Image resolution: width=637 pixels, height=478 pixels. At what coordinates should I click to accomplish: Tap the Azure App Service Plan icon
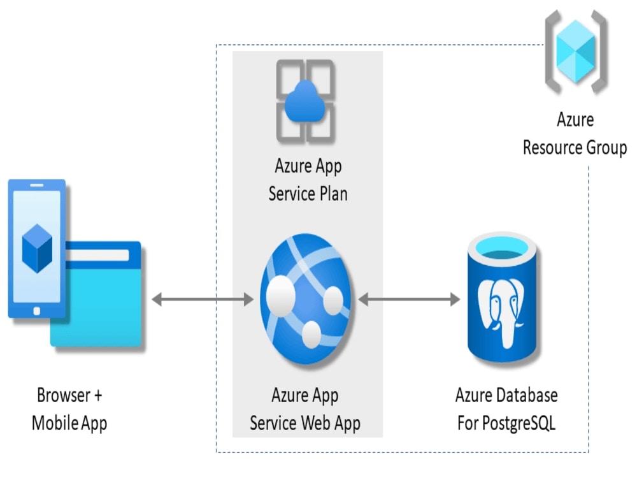(x=305, y=101)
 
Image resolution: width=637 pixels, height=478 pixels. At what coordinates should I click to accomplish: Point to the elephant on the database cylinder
(x=506, y=312)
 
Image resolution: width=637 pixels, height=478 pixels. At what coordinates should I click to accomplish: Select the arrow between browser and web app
(x=203, y=298)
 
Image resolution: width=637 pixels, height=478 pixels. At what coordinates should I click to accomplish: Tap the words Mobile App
(x=69, y=423)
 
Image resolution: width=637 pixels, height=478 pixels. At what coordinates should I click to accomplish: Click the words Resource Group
(x=575, y=148)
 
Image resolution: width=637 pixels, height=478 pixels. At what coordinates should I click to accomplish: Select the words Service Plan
(x=308, y=194)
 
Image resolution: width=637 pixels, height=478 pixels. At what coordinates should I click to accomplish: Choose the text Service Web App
(x=305, y=423)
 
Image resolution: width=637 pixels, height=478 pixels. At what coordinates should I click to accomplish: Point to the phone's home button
(x=36, y=310)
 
